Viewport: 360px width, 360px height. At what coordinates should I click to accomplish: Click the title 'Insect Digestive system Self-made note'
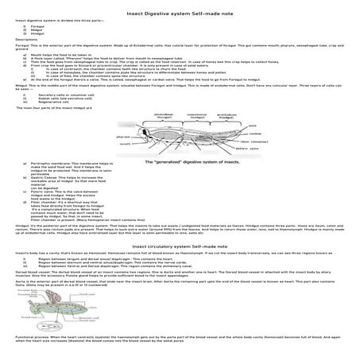click(x=180, y=7)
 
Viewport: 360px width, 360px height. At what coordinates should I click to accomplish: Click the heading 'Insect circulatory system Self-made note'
click(x=180, y=247)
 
